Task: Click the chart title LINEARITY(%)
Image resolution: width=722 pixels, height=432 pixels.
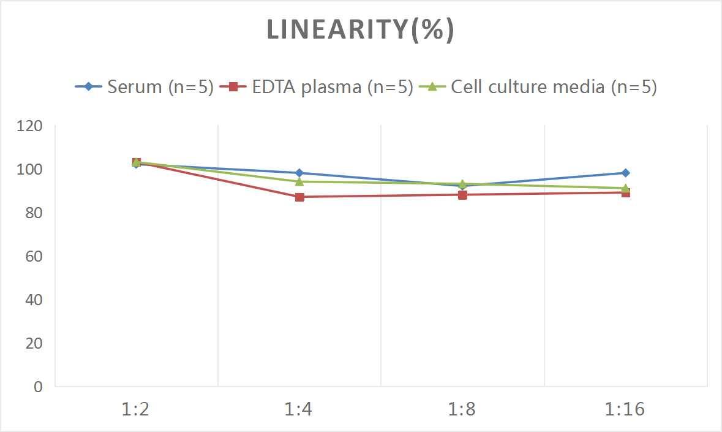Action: tap(360, 30)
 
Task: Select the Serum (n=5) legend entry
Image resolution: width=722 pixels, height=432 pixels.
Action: tap(145, 87)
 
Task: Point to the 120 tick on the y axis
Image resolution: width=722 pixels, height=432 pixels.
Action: tap(30, 126)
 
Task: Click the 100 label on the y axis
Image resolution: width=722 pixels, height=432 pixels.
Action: tap(30, 169)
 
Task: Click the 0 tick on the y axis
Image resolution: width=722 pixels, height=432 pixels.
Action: tap(38, 387)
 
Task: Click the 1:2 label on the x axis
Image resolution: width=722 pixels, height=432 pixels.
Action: tap(136, 409)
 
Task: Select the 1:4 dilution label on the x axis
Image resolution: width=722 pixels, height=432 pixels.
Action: tap(299, 409)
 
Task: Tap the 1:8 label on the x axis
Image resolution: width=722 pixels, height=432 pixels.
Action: tap(462, 409)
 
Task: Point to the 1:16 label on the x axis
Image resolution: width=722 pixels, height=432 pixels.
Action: tap(625, 409)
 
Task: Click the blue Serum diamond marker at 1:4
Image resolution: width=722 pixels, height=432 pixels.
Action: tap(299, 173)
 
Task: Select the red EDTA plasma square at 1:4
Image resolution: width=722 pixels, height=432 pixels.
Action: tap(299, 197)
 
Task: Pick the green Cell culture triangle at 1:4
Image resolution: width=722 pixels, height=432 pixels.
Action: tap(299, 181)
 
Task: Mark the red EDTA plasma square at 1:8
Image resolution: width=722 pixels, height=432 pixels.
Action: tap(462, 195)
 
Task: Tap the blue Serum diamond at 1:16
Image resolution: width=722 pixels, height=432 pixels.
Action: tap(625, 173)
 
